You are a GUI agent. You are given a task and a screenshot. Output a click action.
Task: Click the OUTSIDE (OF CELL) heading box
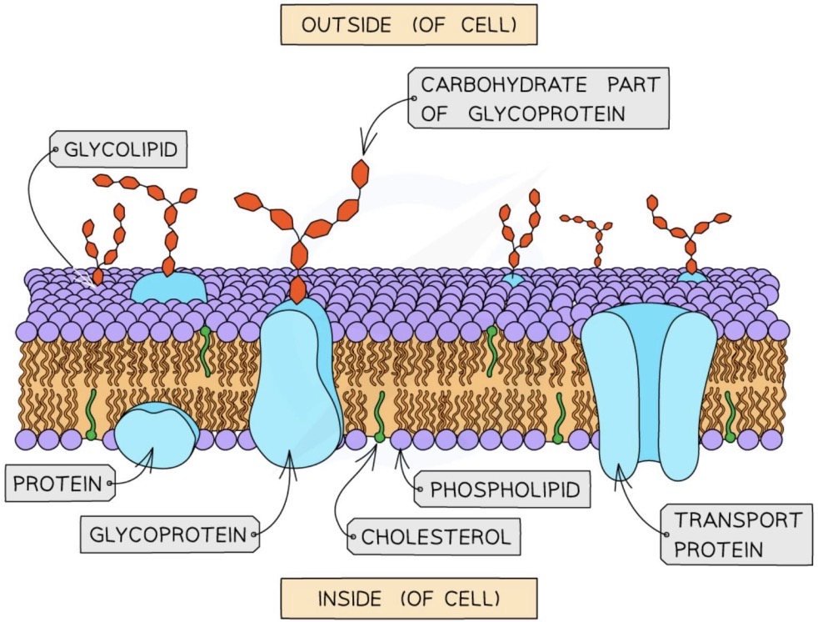[x=408, y=26]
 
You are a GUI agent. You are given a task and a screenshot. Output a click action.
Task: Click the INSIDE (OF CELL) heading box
[x=408, y=598]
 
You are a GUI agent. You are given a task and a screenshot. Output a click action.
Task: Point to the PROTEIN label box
[x=57, y=482]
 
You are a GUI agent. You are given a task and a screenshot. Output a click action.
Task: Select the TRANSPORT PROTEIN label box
[x=736, y=534]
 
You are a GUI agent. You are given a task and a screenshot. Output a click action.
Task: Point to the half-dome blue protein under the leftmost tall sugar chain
[x=169, y=286]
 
